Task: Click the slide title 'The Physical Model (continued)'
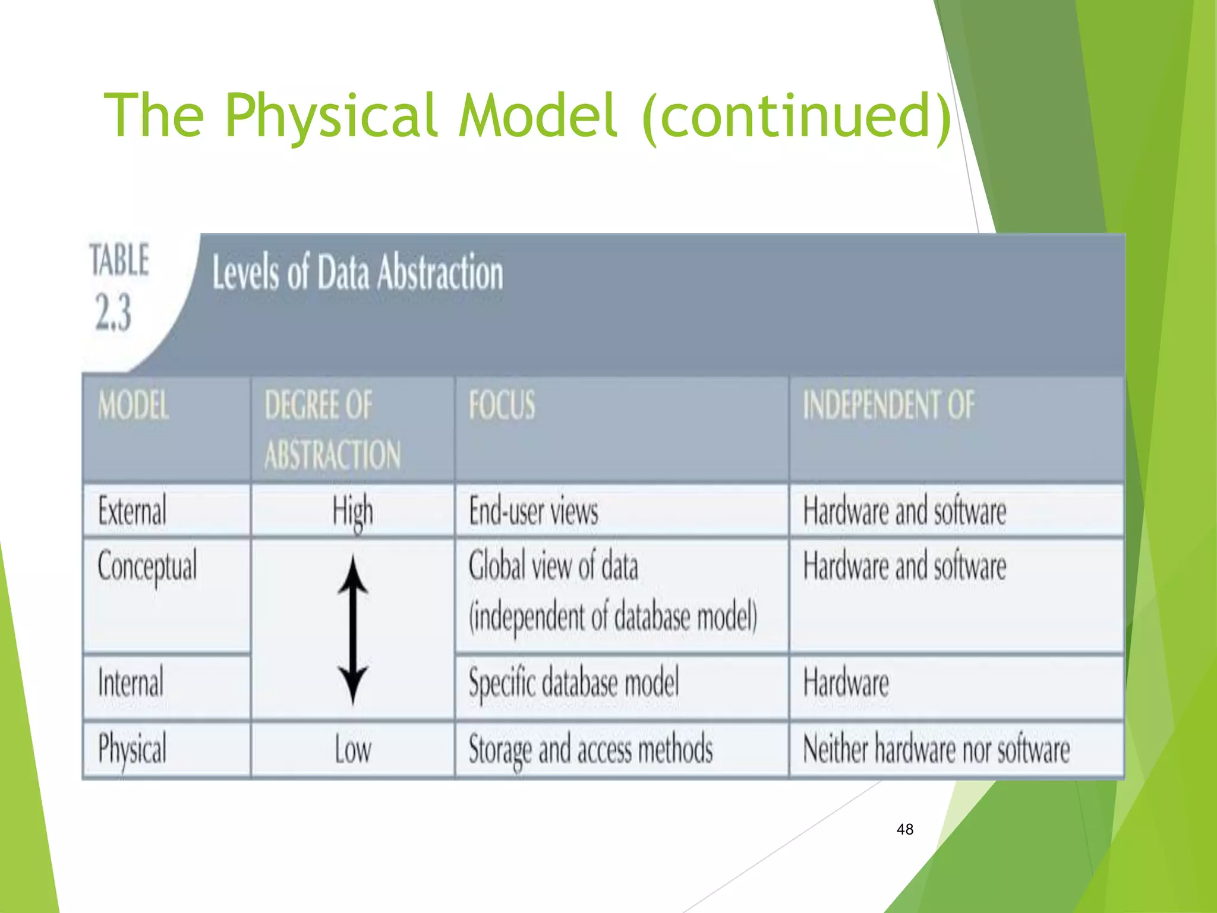pos(528,116)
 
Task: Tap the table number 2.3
pos(113,311)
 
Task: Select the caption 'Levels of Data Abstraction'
pos(358,272)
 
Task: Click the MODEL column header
pos(134,406)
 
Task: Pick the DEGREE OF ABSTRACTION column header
pos(332,430)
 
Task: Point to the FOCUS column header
pos(502,405)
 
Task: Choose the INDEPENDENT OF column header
pos(888,405)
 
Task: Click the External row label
pos(132,511)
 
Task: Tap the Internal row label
pos(131,683)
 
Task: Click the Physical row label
pos(132,750)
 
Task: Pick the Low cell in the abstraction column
pos(352,750)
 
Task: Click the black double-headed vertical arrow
pos(353,630)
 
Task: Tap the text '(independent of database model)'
pos(613,617)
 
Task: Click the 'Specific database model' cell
pos(573,683)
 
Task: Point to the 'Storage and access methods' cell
pos(591,750)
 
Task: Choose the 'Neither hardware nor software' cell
pos(936,750)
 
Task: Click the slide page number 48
pos(904,829)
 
